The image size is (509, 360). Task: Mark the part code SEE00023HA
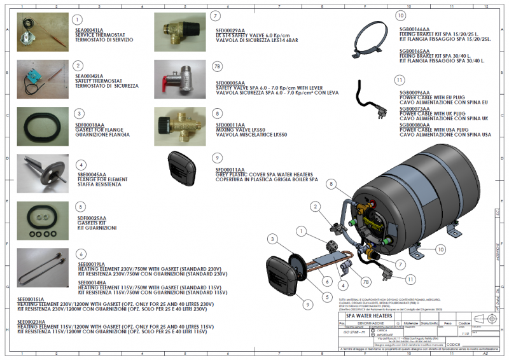(x=31, y=322)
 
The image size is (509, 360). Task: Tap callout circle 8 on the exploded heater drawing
(x=331, y=184)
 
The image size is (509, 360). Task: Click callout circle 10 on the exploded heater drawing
(x=441, y=251)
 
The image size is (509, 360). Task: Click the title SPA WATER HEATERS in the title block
(x=368, y=315)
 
